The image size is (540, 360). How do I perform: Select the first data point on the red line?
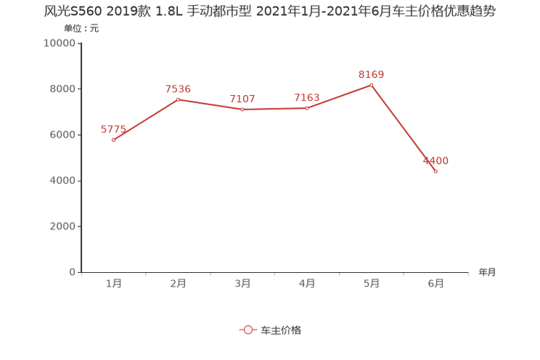pyautogui.click(x=113, y=139)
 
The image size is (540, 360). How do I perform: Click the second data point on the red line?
pyautogui.click(x=178, y=99)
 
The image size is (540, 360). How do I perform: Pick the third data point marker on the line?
pyautogui.click(x=242, y=110)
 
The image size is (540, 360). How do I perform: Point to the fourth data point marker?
pyautogui.click(x=307, y=108)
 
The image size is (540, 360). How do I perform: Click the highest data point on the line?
pyautogui.click(x=372, y=85)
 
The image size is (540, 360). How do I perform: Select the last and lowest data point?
pyautogui.click(x=435, y=171)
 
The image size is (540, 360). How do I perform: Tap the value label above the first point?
pyautogui.click(x=112, y=129)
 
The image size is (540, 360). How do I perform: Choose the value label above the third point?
pyautogui.click(x=242, y=99)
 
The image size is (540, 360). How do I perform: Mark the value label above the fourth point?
pyautogui.click(x=306, y=98)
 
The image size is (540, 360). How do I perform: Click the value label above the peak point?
pyautogui.click(x=371, y=74)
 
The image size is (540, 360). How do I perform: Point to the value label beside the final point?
pyautogui.click(x=437, y=160)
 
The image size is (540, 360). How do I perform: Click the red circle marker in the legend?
pyautogui.click(x=248, y=330)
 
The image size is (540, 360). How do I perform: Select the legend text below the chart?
pyautogui.click(x=280, y=330)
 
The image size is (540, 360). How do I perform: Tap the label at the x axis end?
pyautogui.click(x=487, y=273)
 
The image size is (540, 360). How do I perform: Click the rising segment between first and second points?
pyautogui.click(x=145, y=120)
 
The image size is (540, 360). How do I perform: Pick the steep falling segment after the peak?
pyautogui.click(x=404, y=128)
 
